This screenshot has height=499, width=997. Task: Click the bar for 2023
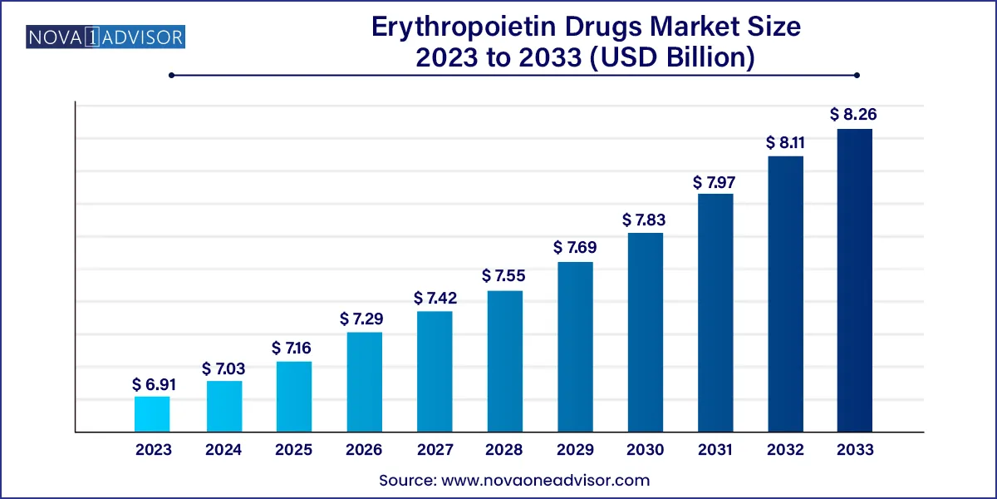point(152,414)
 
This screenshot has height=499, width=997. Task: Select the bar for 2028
point(504,361)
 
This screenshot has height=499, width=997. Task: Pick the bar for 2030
point(645,332)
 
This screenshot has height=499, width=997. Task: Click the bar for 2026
point(364,382)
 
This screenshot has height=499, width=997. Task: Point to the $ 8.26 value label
point(854,115)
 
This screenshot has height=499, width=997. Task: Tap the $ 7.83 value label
point(645,220)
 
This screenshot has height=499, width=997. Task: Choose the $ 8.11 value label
point(784,142)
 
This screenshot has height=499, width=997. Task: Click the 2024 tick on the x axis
point(223,450)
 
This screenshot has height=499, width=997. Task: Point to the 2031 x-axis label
point(715,450)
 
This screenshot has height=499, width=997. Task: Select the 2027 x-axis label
point(434,450)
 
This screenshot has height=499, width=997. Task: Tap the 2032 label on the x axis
point(784,450)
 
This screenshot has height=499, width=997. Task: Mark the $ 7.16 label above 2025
point(293,348)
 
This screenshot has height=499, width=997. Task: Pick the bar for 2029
point(574,347)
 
